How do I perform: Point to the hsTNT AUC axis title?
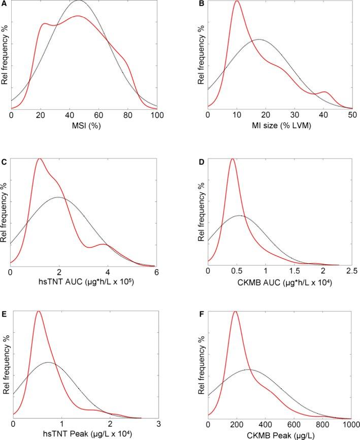click(x=84, y=282)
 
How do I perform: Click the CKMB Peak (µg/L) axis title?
click(x=280, y=434)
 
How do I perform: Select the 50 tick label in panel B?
click(x=352, y=116)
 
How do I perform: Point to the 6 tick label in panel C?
click(x=155, y=272)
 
